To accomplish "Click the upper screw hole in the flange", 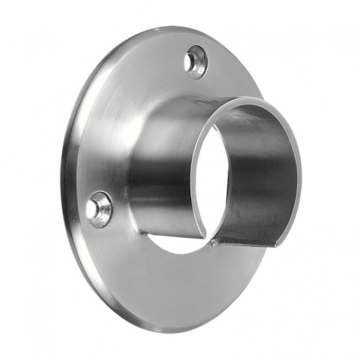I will click(x=195, y=62).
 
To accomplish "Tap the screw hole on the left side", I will click(x=99, y=209).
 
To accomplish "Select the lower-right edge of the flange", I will click(x=242, y=293).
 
